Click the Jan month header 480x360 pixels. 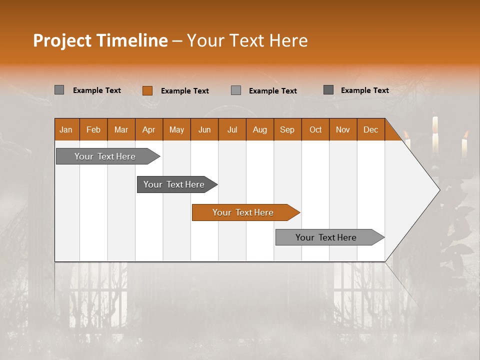point(66,129)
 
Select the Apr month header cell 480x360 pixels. point(149,129)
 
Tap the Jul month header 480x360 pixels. point(232,129)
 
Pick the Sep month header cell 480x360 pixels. point(287,129)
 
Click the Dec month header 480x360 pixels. point(371,129)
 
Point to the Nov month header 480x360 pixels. point(343,129)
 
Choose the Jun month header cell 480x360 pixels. point(204,129)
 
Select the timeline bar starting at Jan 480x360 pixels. point(105,156)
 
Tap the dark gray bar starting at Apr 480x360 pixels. point(174,184)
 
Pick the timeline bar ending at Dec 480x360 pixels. point(326,237)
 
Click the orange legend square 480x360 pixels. point(147,90)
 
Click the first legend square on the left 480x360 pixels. point(59,90)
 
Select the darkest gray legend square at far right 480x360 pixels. point(328,90)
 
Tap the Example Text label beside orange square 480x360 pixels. point(184,90)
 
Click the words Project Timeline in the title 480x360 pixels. point(100,40)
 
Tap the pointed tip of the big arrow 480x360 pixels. point(438,190)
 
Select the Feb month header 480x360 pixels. point(93,129)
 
